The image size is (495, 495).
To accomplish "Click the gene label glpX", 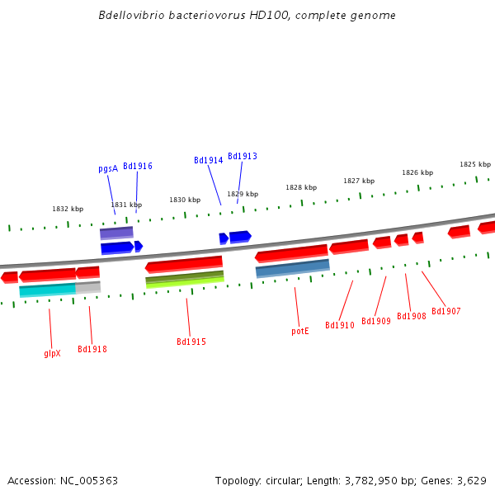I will pyautogui.click(x=52, y=353).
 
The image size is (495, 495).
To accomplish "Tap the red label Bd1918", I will pyautogui.click(x=92, y=349).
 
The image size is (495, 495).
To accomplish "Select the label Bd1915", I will pyautogui.click(x=191, y=342).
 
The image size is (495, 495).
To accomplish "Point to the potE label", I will pyautogui.click(x=300, y=331).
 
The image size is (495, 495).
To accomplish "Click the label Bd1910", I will pyautogui.click(x=340, y=325).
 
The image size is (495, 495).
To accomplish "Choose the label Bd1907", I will pyautogui.click(x=446, y=311).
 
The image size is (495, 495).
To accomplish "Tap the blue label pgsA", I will pyautogui.click(x=108, y=168).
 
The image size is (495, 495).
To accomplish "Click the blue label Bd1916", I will pyautogui.click(x=138, y=166).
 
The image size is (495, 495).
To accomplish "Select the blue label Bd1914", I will pyautogui.click(x=209, y=160).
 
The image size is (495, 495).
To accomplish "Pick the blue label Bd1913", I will pyautogui.click(x=243, y=156).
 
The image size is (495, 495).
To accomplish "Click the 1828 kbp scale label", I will pyautogui.click(x=301, y=187).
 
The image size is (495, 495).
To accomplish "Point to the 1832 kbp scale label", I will pyautogui.click(x=68, y=209).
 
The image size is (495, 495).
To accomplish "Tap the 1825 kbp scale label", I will pyautogui.click(x=475, y=164).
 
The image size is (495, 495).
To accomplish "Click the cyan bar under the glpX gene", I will pyautogui.click(x=47, y=290).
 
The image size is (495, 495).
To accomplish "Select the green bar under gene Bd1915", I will pyautogui.click(x=185, y=279).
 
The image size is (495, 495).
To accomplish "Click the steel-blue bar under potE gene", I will pyautogui.click(x=292, y=268).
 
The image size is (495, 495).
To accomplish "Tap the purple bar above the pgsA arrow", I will pyautogui.click(x=116, y=233).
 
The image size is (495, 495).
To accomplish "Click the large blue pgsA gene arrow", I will pyautogui.click(x=116, y=247).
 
